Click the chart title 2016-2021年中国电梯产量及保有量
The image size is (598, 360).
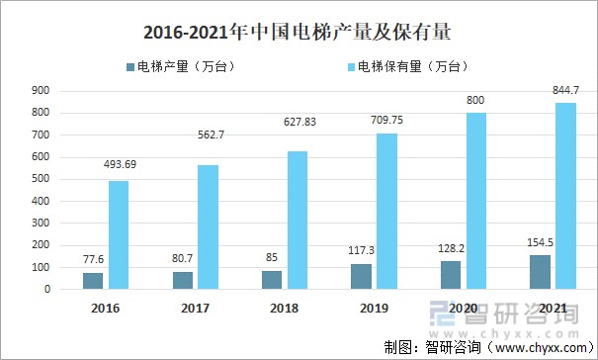pos(298,32)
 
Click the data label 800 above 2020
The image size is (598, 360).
pos(476,101)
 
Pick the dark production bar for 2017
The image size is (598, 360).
pos(183,280)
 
